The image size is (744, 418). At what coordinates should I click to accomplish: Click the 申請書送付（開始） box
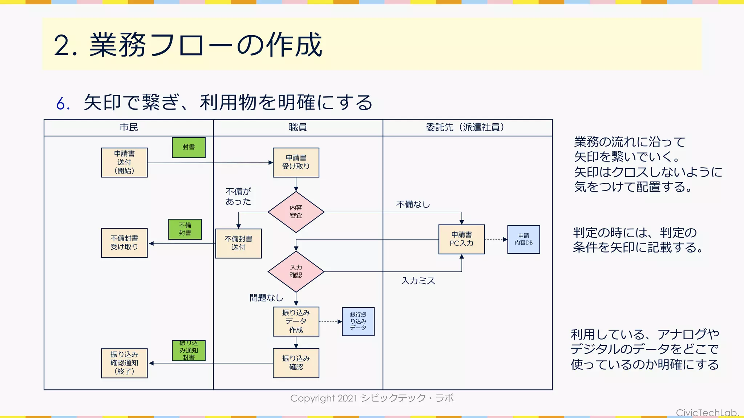pos(124,163)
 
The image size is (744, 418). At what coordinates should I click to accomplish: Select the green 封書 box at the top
pos(189,147)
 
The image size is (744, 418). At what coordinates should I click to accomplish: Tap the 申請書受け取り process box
pos(296,163)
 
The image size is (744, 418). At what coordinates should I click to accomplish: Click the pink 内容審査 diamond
pos(296,212)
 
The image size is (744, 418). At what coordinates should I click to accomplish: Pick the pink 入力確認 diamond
pos(296,271)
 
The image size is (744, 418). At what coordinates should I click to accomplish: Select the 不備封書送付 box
pos(238,243)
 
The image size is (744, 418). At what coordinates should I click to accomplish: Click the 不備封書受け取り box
pos(124,243)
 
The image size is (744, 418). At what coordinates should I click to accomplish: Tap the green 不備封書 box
pos(185,229)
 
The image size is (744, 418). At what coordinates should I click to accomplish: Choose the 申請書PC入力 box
pos(461,239)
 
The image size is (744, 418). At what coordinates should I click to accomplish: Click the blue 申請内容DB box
pos(523,239)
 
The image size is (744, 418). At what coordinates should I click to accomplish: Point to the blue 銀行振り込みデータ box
pos(358,321)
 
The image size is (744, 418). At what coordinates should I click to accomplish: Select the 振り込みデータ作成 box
pos(296,321)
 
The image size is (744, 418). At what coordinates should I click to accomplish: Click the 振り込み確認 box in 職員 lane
pos(296,363)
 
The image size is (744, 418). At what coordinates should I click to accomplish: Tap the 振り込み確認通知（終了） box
pos(124,363)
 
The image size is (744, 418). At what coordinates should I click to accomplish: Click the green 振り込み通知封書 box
pos(189,351)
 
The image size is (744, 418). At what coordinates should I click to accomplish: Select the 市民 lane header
pos(129,127)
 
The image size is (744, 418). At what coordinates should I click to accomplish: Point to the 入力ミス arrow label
pos(418,281)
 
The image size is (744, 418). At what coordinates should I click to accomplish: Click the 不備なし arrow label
pos(413,205)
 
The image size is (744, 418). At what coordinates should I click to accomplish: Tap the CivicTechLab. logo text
pos(707,413)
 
